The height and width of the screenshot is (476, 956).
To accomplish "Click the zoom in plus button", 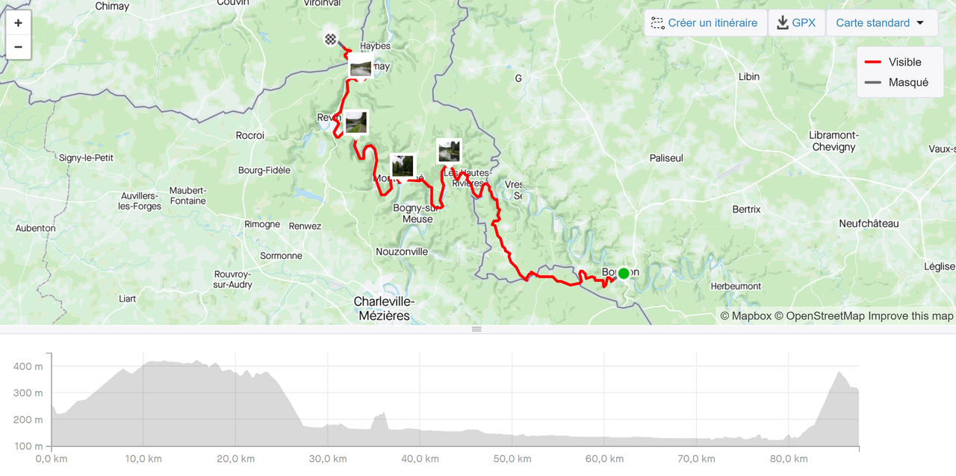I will (x=18, y=22).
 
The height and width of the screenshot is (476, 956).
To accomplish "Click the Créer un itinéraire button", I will (x=704, y=23).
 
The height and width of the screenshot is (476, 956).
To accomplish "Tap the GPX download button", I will (x=796, y=23).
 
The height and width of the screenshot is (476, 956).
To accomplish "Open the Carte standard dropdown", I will (x=881, y=23).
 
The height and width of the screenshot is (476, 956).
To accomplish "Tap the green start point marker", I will (x=624, y=273).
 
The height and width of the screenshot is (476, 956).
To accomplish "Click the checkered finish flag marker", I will (x=330, y=39).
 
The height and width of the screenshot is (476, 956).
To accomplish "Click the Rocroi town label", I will (x=250, y=136).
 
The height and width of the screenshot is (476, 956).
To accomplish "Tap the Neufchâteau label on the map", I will (x=869, y=224).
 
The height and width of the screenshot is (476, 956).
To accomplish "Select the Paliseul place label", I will (x=666, y=158).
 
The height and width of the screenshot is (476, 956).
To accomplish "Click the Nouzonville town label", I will (x=402, y=252).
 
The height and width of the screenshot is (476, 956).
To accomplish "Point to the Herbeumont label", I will (x=735, y=286).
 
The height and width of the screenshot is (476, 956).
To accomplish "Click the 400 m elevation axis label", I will (x=28, y=366).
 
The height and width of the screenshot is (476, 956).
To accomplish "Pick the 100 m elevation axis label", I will (x=28, y=446).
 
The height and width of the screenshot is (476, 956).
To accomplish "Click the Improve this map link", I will (x=910, y=316).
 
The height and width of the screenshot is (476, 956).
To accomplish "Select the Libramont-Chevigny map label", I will (x=834, y=141).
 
